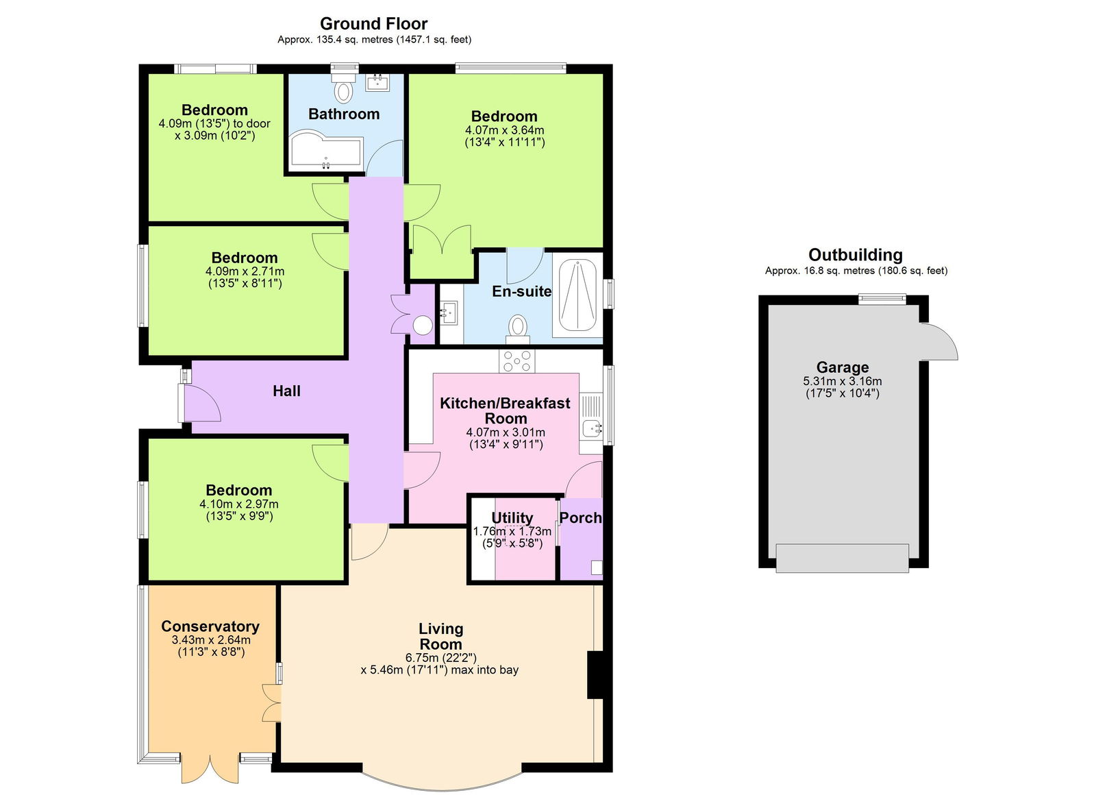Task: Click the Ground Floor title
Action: tap(373, 24)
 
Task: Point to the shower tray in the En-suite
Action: tap(577, 295)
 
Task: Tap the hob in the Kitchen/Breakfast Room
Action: tap(517, 360)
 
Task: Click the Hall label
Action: tap(286, 391)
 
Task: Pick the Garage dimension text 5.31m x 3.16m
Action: tap(842, 381)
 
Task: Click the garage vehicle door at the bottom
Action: tap(842, 558)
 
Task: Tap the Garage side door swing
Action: tap(940, 341)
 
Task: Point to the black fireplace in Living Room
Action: tap(595, 675)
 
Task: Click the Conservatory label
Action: tap(210, 626)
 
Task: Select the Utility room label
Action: tap(512, 517)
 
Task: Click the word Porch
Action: tap(580, 518)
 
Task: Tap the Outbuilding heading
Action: tap(855, 255)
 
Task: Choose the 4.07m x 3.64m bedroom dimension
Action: tap(504, 130)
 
